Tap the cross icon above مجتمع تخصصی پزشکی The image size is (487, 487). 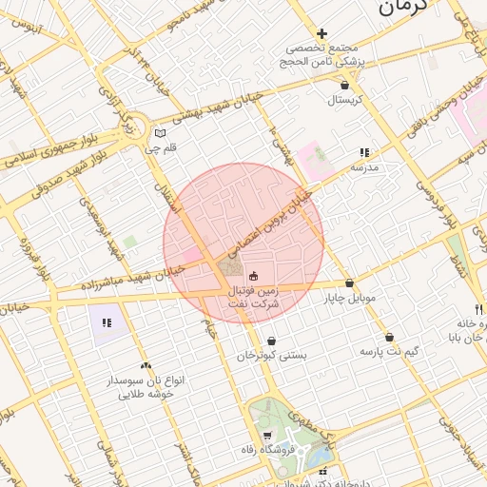pyautogui.click(x=322, y=33)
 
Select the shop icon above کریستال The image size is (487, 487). pyautogui.click(x=343, y=86)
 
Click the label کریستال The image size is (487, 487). pyautogui.click(x=348, y=99)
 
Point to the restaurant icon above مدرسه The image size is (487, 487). pyautogui.click(x=363, y=152)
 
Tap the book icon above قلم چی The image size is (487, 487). pyautogui.click(x=160, y=132)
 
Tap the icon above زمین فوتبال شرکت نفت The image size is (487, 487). pyautogui.click(x=253, y=276)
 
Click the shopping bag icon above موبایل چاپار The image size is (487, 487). pyautogui.click(x=350, y=283)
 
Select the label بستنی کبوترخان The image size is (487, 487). pyautogui.click(x=272, y=355)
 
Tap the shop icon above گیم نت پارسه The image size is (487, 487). pyautogui.click(x=390, y=338)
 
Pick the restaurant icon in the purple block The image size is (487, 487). pyautogui.click(x=107, y=322)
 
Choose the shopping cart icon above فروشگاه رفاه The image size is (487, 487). pyautogui.click(x=293, y=436)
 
